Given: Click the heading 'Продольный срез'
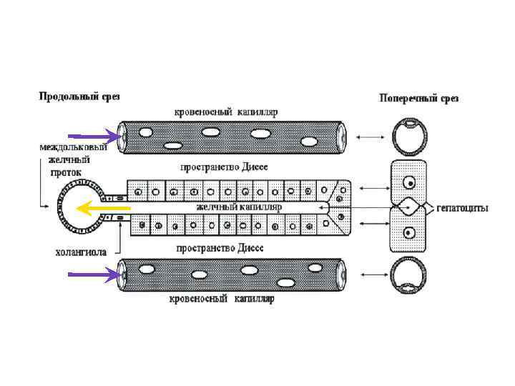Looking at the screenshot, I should pos(79,96).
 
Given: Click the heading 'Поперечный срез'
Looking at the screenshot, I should pos(419,98).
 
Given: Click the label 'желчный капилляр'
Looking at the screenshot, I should pos(239,207).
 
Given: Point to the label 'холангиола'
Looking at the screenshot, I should pos(82,252).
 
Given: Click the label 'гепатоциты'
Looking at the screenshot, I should pos(462,208).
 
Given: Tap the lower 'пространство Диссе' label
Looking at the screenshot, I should pos(220,247).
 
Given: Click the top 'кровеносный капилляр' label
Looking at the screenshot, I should pos(226,112).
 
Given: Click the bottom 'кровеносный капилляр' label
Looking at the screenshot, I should pos(222,299).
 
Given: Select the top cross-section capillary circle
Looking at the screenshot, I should pos(408,135).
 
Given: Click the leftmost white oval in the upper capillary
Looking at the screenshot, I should pos(146,132).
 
